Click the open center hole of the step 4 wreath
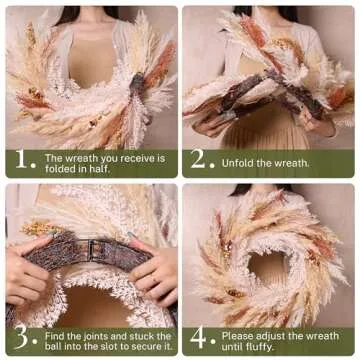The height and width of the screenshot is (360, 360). [267, 268]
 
